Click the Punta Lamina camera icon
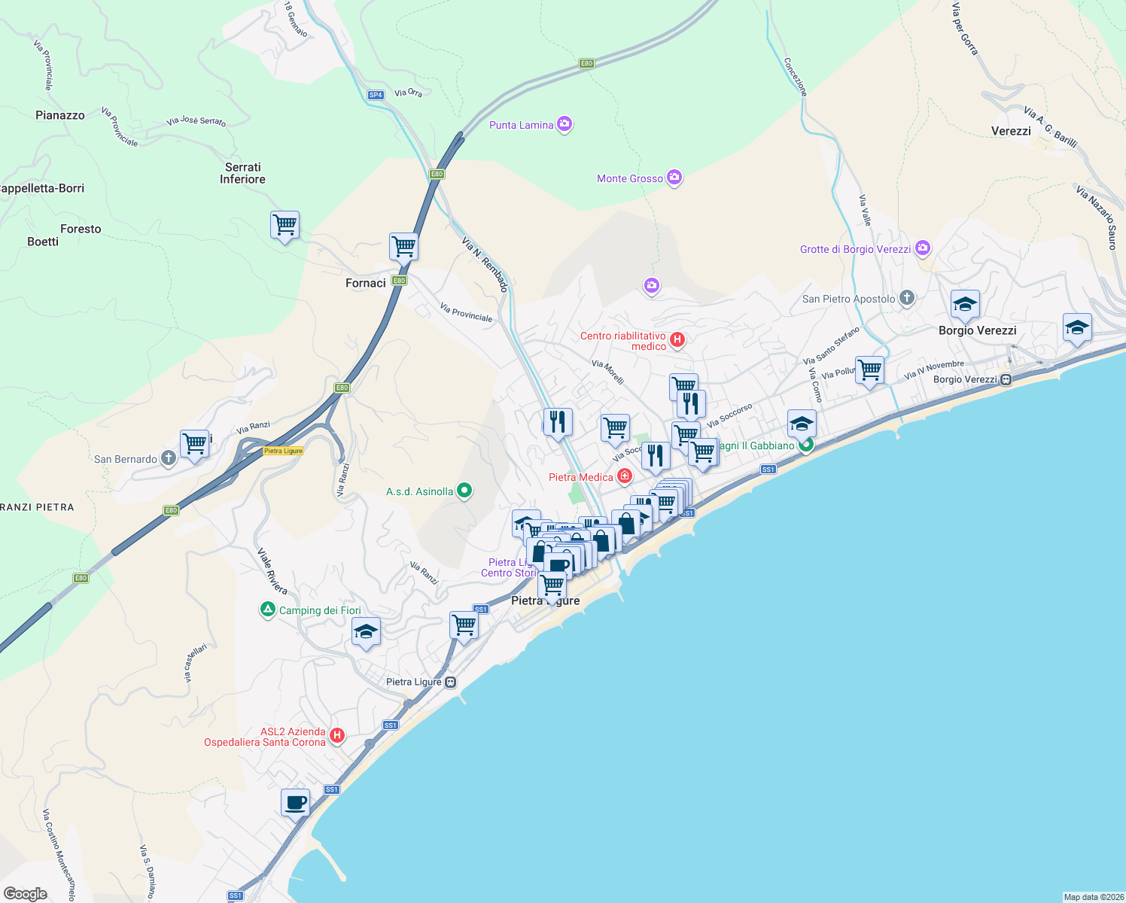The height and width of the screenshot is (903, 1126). click(565, 124)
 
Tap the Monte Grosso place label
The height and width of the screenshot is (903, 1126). click(630, 178)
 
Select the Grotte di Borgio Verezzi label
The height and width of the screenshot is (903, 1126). click(855, 249)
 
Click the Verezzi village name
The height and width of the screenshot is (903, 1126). click(1011, 131)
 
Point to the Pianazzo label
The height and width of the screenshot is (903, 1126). click(60, 115)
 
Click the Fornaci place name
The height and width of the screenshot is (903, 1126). click(366, 283)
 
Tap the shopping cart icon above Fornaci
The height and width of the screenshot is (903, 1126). click(403, 245)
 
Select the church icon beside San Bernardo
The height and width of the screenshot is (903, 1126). click(169, 458)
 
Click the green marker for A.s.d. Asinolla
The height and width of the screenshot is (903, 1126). click(464, 491)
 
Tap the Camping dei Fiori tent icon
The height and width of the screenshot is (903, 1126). click(267, 610)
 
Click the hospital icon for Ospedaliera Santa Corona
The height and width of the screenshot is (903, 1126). click(337, 735)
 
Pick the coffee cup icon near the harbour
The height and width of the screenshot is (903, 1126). click(296, 801)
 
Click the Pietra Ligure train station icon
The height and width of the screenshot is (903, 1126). click(450, 683)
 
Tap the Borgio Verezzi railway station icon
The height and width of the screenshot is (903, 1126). click(1006, 379)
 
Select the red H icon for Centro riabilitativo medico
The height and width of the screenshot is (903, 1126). click(677, 339)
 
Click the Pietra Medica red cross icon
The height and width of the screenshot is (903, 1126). click(624, 476)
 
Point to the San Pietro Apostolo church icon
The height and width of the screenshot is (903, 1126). click(907, 298)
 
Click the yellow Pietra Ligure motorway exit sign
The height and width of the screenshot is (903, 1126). click(284, 451)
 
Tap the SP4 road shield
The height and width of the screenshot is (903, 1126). click(376, 95)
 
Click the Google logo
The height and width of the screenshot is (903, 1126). click(26, 893)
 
